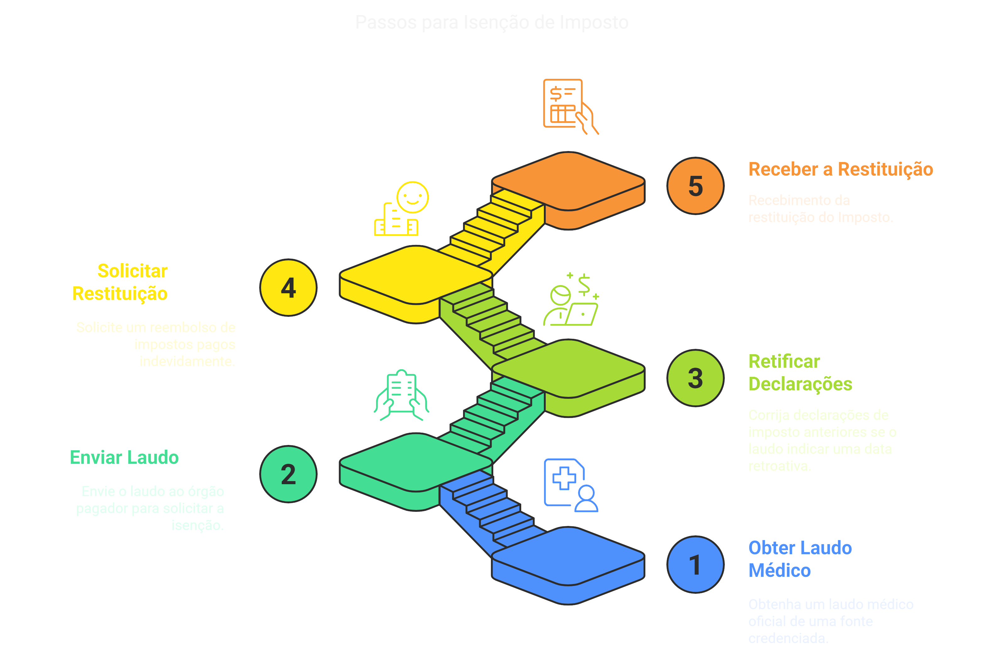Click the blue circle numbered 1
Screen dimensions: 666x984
click(x=695, y=565)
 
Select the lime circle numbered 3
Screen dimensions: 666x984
click(x=695, y=378)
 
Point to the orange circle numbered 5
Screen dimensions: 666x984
click(x=695, y=186)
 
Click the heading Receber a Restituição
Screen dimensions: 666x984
click(x=840, y=169)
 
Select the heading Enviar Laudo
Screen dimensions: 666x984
click(x=124, y=458)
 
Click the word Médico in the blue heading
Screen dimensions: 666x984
click(x=779, y=570)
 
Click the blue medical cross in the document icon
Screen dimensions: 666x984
click(x=564, y=478)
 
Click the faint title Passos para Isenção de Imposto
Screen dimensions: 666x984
click(x=492, y=22)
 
